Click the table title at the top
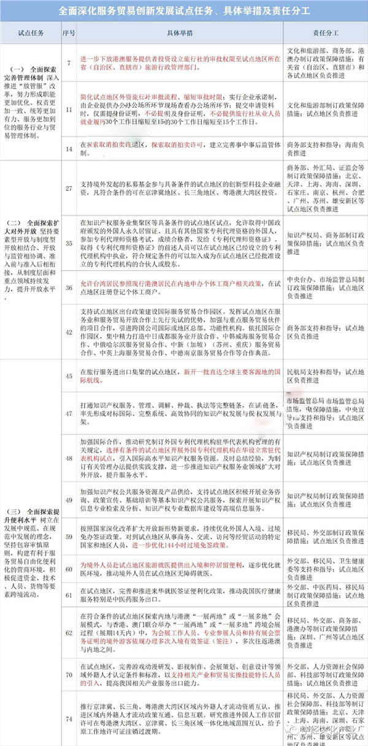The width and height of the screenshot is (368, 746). [184, 10]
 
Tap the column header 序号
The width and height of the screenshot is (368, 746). [69, 33]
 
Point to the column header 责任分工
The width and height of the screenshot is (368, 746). [325, 33]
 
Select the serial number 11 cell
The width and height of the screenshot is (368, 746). [69, 110]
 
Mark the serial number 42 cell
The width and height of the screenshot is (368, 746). [69, 331]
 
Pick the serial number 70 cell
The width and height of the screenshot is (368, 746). [69, 674]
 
